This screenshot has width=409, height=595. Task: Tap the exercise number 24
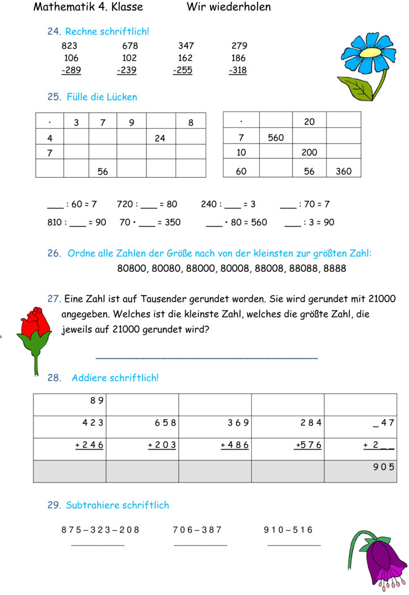[53, 32]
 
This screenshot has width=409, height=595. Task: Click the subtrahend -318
[238, 70]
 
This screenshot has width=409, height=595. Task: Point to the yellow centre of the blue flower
[369, 52]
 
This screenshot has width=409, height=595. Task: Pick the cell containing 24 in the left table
[160, 138]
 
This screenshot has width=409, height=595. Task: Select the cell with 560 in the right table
[275, 137]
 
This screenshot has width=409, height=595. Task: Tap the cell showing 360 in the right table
[343, 171]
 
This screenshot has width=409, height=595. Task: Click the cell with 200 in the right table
[309, 153]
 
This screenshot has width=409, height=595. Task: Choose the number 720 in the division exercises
[125, 204]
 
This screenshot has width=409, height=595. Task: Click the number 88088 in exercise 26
[301, 268]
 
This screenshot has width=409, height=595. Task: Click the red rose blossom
[34, 321]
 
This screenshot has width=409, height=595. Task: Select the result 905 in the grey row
[383, 467]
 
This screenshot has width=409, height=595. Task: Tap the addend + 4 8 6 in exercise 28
[235, 445]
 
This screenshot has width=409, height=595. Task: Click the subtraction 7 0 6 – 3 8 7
[197, 530]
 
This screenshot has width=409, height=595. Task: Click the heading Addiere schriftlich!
[115, 378]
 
